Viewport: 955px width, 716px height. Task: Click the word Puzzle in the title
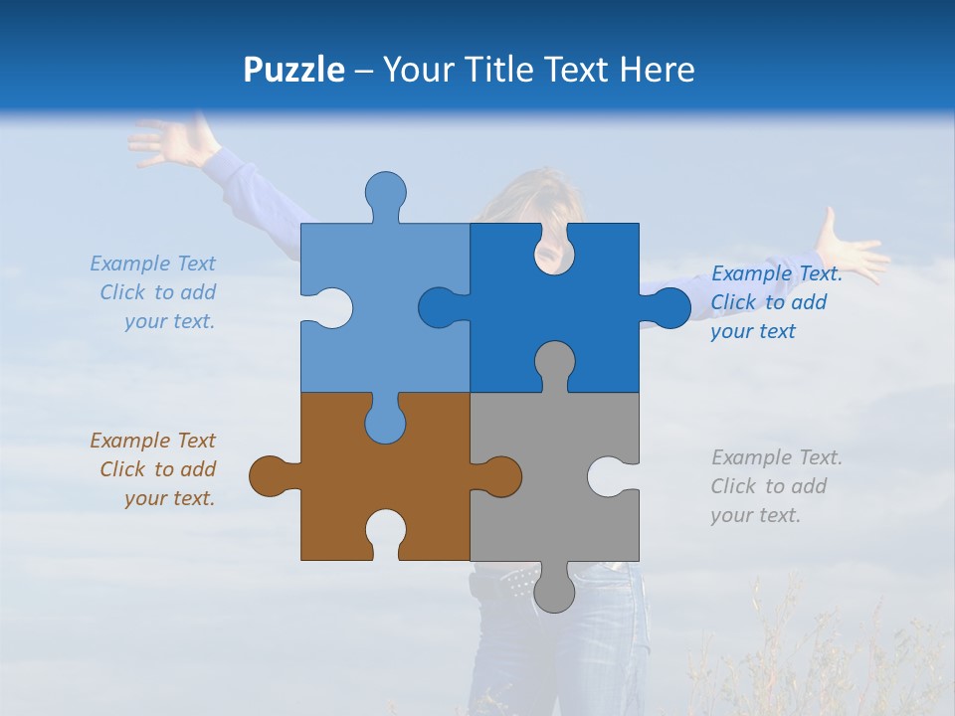tap(293, 70)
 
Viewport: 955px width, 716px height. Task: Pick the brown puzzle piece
tap(328, 477)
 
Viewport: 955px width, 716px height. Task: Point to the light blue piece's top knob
tap(385, 192)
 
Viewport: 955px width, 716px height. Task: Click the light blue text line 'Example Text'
tap(152, 264)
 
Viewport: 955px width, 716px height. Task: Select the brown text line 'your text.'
tap(169, 498)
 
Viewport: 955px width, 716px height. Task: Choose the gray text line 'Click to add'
tap(768, 486)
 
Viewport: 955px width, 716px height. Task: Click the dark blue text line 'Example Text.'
tap(776, 273)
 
